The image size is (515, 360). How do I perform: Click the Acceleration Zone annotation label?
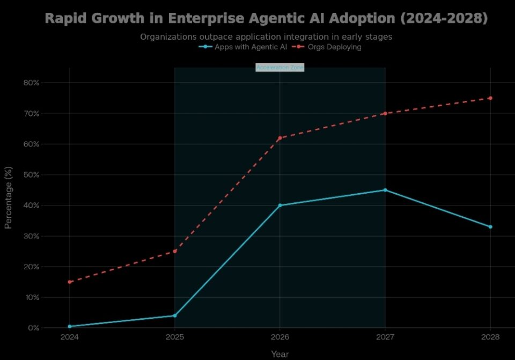(280, 68)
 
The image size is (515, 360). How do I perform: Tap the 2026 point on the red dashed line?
(280, 138)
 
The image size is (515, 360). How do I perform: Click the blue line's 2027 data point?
(385, 190)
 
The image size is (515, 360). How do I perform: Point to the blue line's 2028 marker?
(490, 227)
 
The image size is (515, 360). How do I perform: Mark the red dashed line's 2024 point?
(70, 282)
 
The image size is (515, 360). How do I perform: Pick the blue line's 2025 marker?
(175, 315)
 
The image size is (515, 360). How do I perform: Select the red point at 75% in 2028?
(490, 98)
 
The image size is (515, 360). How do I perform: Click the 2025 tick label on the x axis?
(175, 337)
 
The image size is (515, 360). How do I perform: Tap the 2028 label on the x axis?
(490, 337)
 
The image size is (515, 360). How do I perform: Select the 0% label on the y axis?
(33, 328)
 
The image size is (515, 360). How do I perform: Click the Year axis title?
(279, 354)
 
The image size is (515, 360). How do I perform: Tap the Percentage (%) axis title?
(9, 205)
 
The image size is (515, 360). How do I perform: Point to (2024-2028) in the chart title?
(444, 18)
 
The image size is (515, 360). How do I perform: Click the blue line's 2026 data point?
(280, 205)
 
